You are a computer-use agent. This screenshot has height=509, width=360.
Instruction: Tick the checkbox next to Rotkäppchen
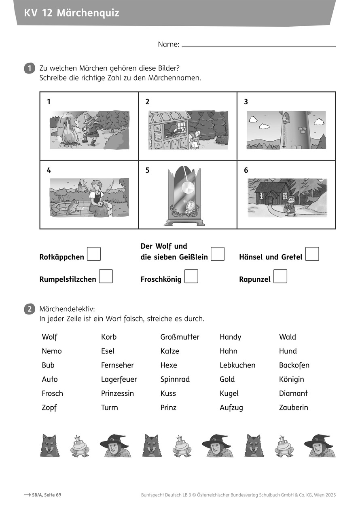[x=94, y=254]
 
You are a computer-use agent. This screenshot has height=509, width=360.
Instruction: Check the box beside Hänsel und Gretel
[x=312, y=254]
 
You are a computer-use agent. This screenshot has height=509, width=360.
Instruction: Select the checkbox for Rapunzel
[x=280, y=277]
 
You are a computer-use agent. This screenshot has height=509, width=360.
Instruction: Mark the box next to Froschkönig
[x=191, y=277]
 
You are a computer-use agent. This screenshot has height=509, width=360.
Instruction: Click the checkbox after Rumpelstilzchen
[x=106, y=277]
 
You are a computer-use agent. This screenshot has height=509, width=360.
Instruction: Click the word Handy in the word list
[x=230, y=337]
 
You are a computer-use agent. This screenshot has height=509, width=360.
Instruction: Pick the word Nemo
[x=52, y=351]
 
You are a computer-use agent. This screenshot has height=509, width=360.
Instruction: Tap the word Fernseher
[x=117, y=365]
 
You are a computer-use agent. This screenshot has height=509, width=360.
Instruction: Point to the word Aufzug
[x=231, y=408]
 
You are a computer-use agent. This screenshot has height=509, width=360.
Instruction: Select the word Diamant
[x=293, y=394]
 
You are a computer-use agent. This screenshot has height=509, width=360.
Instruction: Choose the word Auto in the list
[x=50, y=380]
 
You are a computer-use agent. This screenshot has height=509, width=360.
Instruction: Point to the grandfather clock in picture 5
[x=185, y=196]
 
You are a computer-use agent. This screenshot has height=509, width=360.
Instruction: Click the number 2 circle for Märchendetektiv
[x=30, y=310]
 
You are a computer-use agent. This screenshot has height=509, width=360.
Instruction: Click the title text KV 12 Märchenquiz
[x=72, y=13]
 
